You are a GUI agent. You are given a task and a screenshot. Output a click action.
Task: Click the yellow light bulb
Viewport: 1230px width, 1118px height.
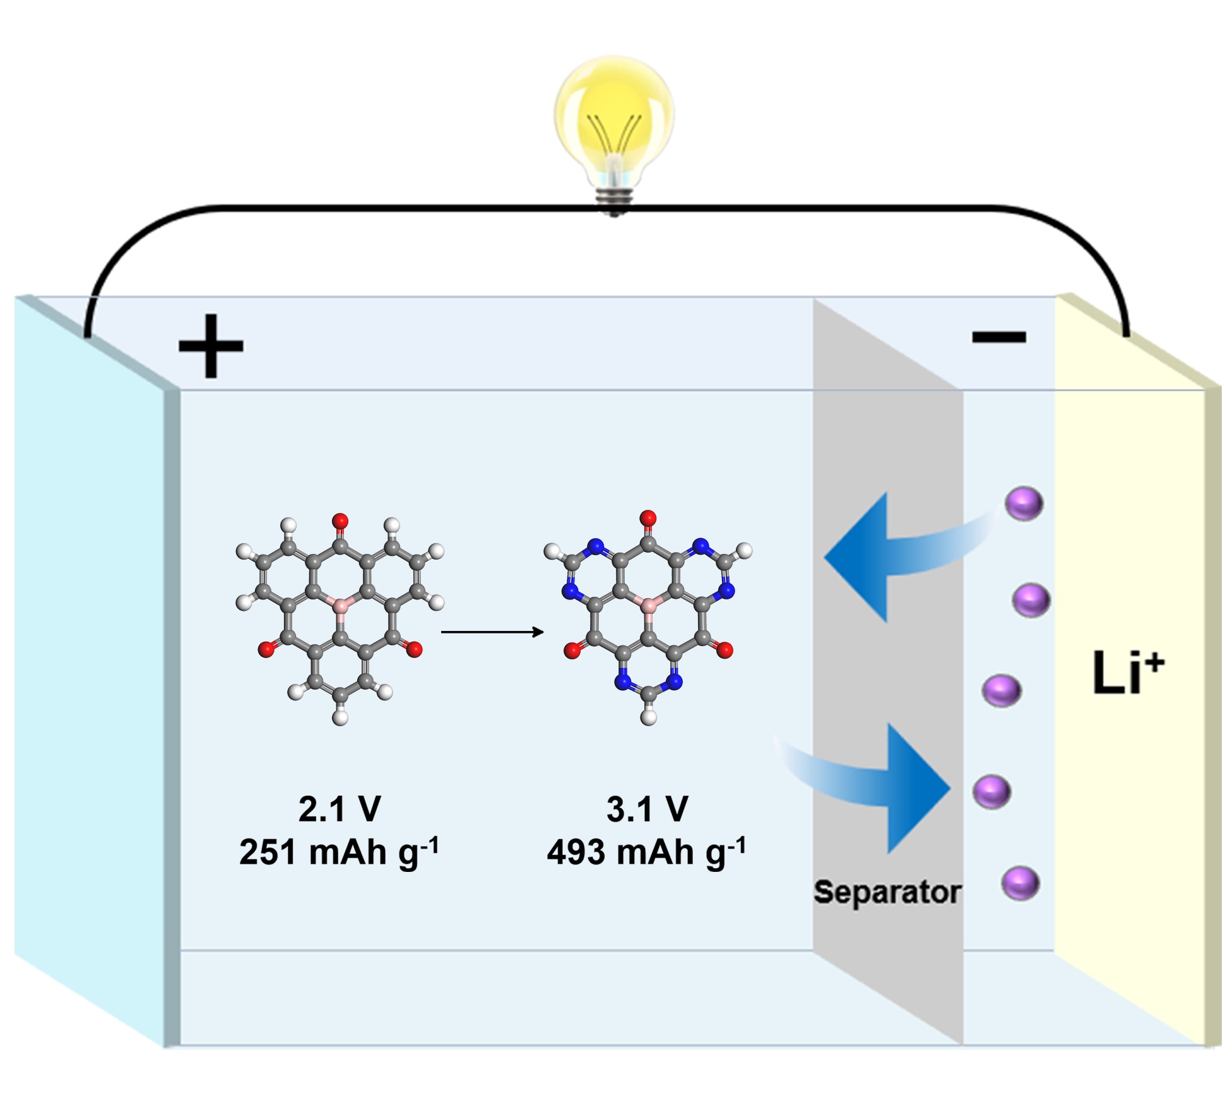coord(613,120)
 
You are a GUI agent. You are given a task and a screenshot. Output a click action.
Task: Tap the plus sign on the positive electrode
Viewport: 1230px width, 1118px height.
coord(211,346)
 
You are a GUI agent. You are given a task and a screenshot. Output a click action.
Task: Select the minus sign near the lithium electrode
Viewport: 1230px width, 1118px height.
coord(998,337)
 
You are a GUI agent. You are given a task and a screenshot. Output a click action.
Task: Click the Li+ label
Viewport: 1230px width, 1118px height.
coord(1127,673)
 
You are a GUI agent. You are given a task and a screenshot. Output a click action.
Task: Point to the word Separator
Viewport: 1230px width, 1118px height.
coord(887,892)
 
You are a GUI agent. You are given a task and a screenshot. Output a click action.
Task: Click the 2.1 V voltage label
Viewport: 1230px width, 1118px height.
coord(340,809)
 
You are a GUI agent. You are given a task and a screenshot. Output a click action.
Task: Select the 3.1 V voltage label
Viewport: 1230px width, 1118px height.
coord(647,809)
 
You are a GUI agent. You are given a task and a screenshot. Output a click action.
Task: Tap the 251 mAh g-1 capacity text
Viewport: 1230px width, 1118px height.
coord(339,852)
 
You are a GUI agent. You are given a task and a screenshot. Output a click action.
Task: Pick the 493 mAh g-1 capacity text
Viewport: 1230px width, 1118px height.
coord(646,852)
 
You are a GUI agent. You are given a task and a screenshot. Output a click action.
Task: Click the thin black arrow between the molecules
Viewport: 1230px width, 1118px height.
coord(492,632)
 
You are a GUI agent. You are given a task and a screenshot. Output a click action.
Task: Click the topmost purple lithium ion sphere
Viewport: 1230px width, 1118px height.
coord(1024,503)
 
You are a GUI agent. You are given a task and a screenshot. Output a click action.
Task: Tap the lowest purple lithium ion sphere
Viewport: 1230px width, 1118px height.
coord(1020,883)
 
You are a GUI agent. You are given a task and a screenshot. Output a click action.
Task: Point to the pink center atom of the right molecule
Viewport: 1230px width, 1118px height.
coord(648,606)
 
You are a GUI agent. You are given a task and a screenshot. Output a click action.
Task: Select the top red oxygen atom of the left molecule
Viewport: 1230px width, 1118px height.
coord(340,521)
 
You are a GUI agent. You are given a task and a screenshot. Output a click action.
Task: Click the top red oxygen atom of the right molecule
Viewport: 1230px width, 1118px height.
coord(648,519)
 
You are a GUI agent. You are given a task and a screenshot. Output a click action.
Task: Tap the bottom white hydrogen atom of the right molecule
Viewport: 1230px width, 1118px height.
coord(648,717)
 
